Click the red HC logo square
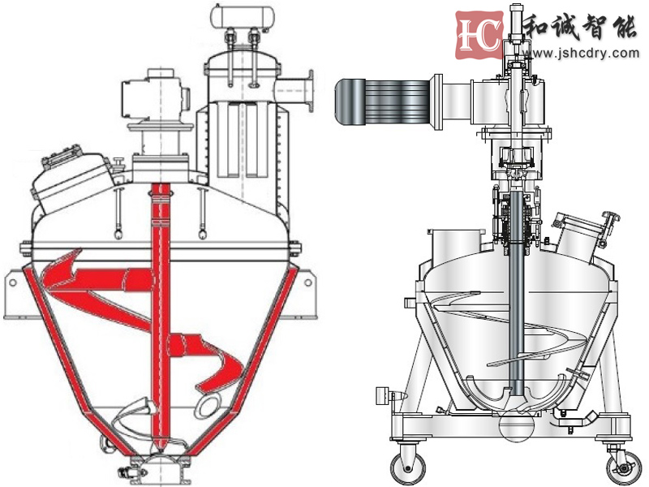[479, 35]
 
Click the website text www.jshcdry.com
[581, 54]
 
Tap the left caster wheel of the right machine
[407, 467]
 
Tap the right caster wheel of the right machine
[623, 468]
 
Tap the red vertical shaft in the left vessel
[161, 315]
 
